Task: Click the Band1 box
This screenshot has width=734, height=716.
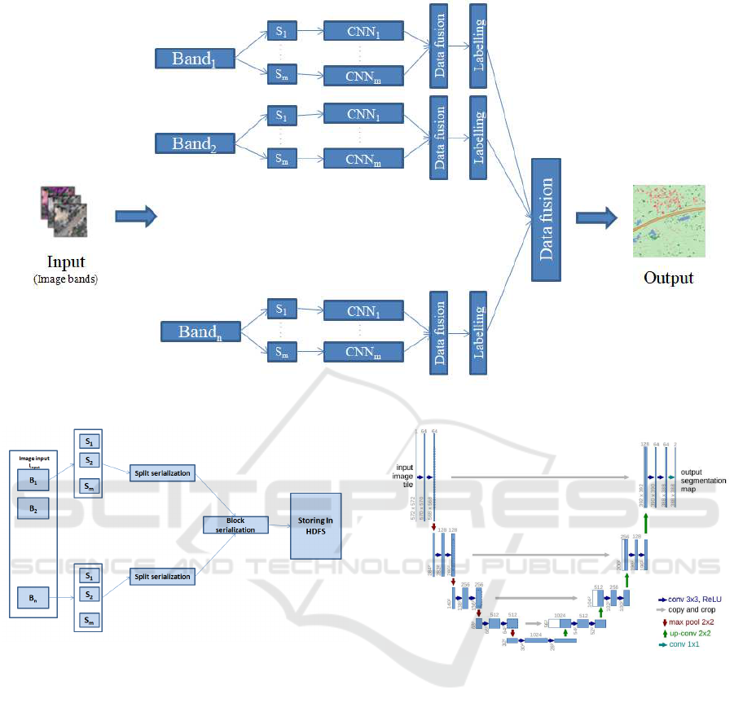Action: pos(195,59)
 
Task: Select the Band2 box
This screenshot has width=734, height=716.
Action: pos(195,144)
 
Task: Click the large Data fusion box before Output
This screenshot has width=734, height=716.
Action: pos(547,219)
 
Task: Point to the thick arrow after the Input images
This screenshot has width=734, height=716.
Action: pos(134,217)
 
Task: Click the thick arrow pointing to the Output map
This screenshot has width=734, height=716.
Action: pos(596,217)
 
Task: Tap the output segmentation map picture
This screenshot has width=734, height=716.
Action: pos(669,221)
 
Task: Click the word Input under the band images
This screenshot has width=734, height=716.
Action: pos(66,262)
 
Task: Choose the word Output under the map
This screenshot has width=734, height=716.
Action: pos(668,278)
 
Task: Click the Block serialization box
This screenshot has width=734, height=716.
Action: pos(235,525)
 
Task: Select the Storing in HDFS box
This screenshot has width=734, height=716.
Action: pos(316,526)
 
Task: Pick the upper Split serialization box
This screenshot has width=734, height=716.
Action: pos(161,473)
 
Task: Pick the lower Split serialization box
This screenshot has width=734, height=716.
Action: pos(161,577)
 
